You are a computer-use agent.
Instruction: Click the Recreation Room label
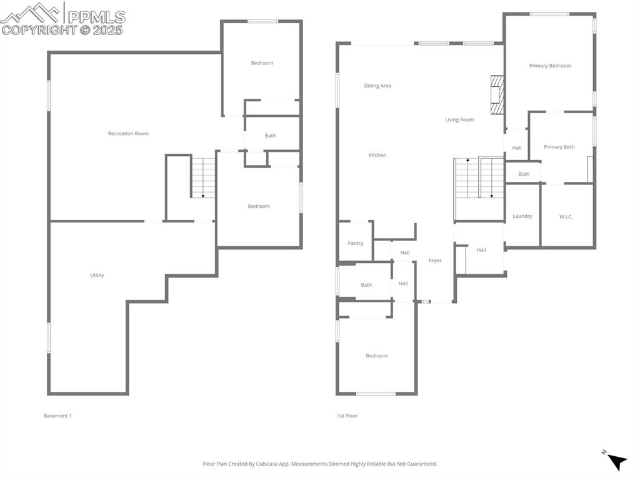(128, 133)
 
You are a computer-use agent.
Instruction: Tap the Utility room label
(97, 275)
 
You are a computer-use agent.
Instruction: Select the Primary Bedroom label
(550, 66)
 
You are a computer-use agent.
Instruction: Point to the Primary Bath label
(559, 147)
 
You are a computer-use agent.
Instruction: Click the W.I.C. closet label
(566, 217)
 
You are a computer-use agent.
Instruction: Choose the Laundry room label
(522, 216)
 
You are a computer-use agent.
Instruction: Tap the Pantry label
(356, 243)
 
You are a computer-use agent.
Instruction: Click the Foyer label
(435, 260)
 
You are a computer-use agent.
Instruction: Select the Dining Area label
(377, 86)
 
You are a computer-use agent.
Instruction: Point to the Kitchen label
(377, 155)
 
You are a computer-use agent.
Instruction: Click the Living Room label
(459, 120)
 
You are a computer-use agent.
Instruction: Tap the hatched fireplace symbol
(497, 94)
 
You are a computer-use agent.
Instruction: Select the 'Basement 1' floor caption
(57, 416)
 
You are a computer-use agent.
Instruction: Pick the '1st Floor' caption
(347, 416)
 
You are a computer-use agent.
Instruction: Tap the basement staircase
(203, 178)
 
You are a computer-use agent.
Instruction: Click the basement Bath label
(270, 136)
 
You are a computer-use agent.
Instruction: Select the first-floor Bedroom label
(376, 356)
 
